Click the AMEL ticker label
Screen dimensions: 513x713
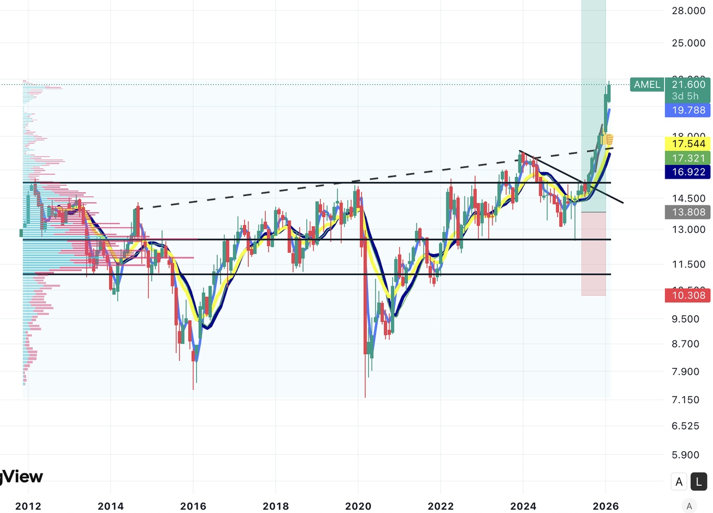coord(647,85)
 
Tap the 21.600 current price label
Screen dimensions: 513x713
coord(688,85)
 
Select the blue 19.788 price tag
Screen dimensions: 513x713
coord(688,110)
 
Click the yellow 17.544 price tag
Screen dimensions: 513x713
coord(688,144)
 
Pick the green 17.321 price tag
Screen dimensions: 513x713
coord(688,158)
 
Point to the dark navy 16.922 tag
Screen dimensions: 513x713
coord(688,172)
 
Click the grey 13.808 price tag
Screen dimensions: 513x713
coord(688,212)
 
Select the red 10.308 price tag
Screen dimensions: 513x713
coord(688,295)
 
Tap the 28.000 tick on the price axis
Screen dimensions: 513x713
coord(688,11)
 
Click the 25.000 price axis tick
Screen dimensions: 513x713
coord(688,43)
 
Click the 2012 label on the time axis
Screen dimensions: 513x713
coord(28,506)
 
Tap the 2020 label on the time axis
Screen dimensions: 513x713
coord(358,506)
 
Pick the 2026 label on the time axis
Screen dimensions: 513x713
coord(605,506)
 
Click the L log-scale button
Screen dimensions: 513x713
coord(699,482)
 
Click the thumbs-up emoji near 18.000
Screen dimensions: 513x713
coord(608,139)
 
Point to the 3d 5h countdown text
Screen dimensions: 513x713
coord(685,96)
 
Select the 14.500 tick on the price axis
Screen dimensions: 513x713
coord(688,198)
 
